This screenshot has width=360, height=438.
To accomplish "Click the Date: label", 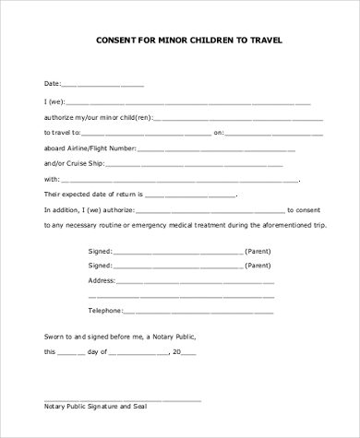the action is [x=53, y=84].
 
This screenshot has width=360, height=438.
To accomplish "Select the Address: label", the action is [x=102, y=279].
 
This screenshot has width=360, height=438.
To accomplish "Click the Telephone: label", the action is [x=105, y=311].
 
